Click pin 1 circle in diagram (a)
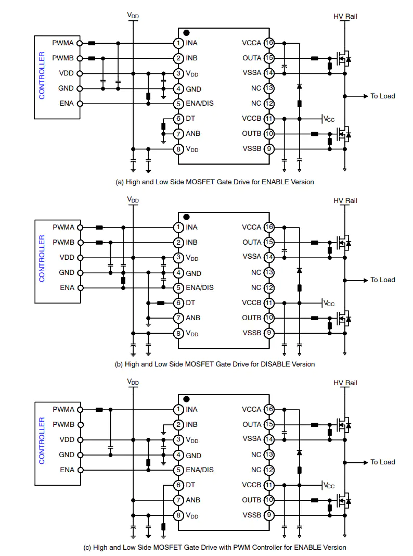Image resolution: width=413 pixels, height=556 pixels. [178, 43]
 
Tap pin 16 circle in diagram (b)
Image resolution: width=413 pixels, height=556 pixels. [269, 228]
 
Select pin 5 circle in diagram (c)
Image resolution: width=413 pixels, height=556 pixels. [178, 470]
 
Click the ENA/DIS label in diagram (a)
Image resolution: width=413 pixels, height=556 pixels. [200, 103]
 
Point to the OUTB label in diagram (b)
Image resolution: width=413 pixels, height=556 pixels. [251, 318]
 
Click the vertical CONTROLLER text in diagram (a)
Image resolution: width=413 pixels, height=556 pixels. [42, 75]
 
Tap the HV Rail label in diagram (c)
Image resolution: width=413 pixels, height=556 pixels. [345, 383]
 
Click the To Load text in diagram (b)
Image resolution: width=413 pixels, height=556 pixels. [382, 280]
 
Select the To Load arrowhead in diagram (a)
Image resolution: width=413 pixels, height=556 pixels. [366, 96]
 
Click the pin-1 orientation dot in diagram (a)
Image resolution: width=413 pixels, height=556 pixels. [187, 33]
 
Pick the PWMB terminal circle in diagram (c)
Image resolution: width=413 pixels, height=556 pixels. [81, 425]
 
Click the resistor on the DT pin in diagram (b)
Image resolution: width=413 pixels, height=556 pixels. [161, 303]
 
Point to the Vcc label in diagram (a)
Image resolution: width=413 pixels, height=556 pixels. [329, 119]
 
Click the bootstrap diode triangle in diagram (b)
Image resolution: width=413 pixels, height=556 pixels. [299, 271]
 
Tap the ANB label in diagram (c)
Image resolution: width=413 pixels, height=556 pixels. [193, 500]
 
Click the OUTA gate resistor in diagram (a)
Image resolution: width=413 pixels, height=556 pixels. [315, 58]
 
